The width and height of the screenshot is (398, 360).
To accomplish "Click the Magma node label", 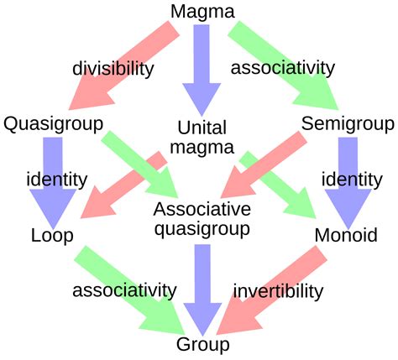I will click(x=202, y=12).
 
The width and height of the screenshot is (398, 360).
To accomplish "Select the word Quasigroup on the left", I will click(x=53, y=125).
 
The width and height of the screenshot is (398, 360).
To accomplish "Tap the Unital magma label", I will click(x=202, y=138).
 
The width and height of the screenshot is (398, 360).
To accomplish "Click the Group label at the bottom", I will click(x=202, y=344).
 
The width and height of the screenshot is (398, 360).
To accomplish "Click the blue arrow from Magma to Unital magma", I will click(x=202, y=67).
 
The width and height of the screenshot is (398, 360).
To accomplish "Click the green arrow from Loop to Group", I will click(x=126, y=290).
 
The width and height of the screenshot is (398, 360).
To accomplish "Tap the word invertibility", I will click(x=278, y=291).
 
